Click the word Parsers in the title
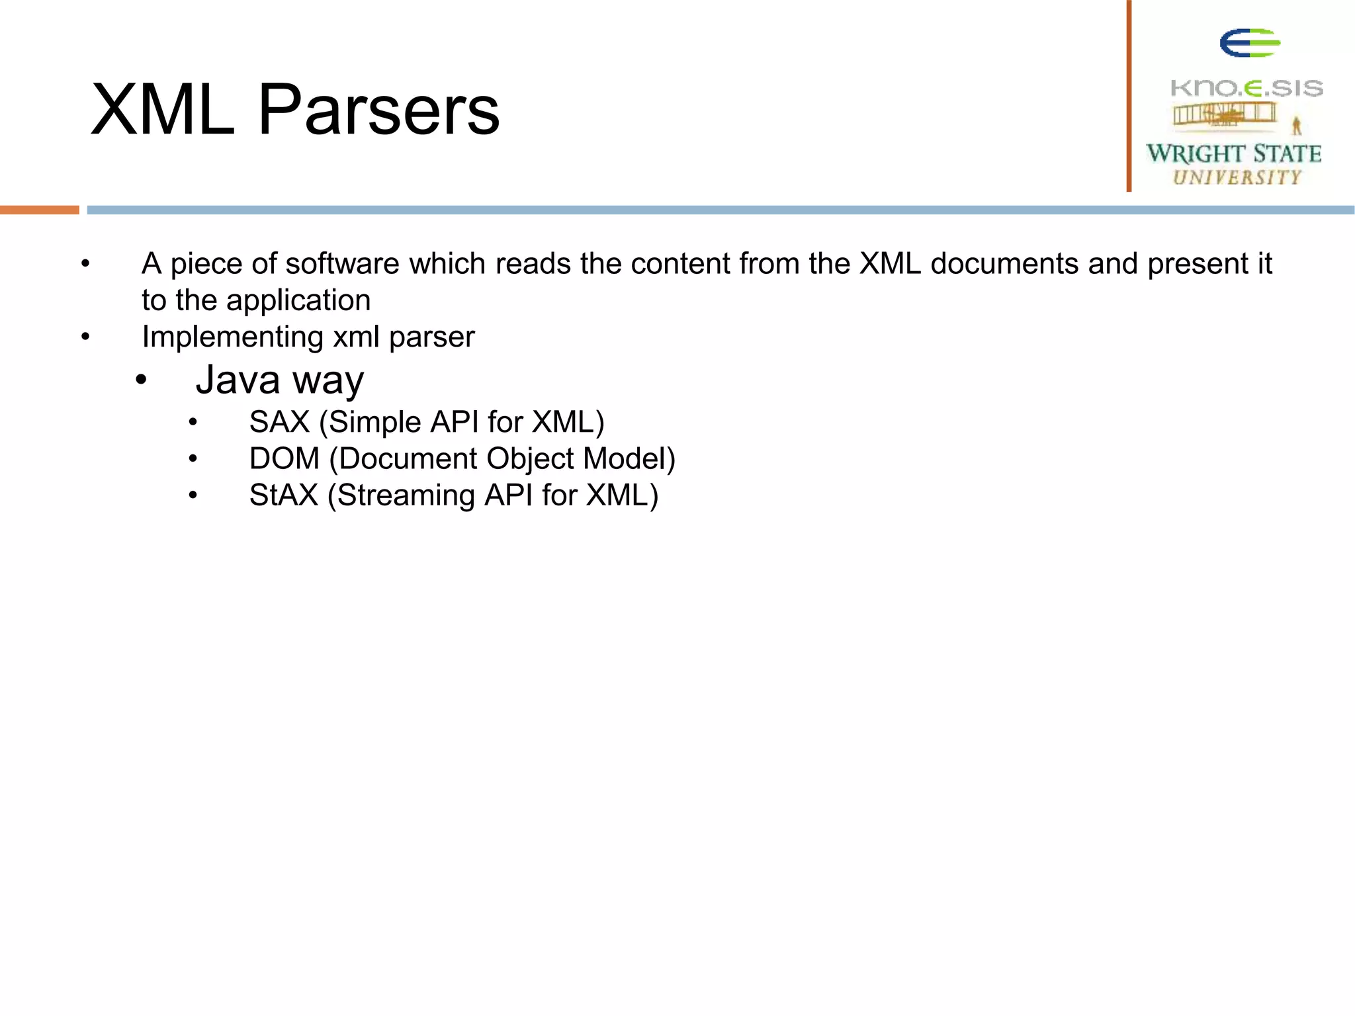tap(378, 110)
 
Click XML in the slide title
tap(163, 110)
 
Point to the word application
tap(298, 301)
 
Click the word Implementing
tap(232, 337)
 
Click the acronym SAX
tap(280, 423)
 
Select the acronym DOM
tap(284, 459)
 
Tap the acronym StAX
tap(284, 495)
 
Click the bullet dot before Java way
tap(141, 381)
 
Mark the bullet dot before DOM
tap(193, 459)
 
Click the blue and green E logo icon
tap(1249, 44)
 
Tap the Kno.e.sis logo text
tap(1246, 88)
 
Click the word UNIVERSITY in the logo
tap(1237, 177)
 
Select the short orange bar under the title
tap(40, 210)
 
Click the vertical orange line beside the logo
tap(1129, 96)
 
